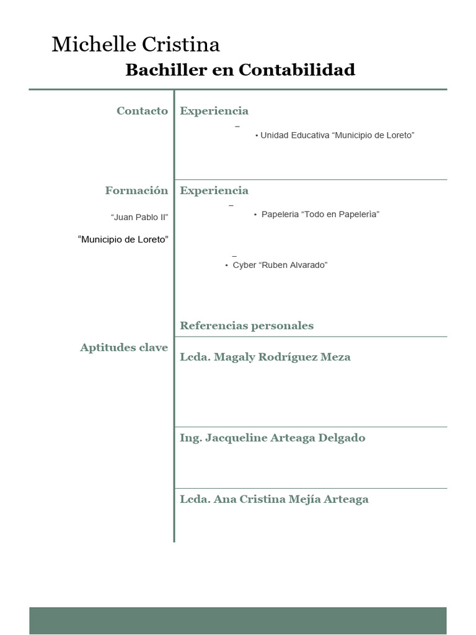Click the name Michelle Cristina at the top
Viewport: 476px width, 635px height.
click(x=136, y=45)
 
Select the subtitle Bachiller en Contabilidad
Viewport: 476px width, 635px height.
click(x=240, y=70)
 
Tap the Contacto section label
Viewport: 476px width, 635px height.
click(x=142, y=111)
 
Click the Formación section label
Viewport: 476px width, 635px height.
click(x=136, y=190)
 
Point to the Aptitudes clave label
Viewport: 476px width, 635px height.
click(x=124, y=347)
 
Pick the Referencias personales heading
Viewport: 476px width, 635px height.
click(x=247, y=326)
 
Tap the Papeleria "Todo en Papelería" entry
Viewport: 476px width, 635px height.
click(x=320, y=215)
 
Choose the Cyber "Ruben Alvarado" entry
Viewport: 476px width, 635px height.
click(x=280, y=265)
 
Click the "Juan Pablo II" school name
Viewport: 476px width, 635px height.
click(x=139, y=217)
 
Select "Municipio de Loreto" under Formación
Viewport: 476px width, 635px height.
click(x=123, y=239)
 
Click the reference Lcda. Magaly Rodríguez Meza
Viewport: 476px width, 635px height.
click(x=265, y=357)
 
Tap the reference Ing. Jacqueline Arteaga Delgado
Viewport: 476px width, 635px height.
click(x=273, y=438)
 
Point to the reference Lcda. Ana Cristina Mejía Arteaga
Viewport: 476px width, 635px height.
click(x=274, y=499)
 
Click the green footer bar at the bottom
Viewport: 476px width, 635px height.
click(x=237, y=620)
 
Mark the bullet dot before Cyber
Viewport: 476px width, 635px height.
click(x=227, y=265)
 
